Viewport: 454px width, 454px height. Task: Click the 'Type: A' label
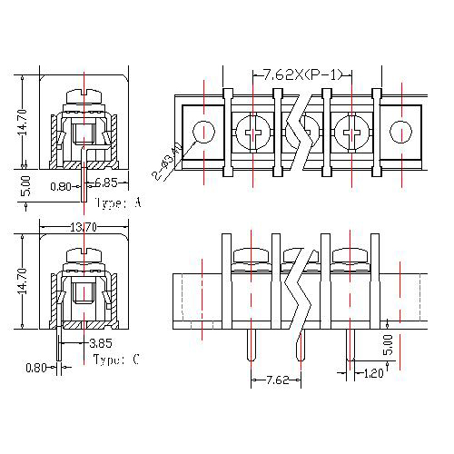pyautogui.click(x=117, y=203)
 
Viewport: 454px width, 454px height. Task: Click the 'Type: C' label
pyautogui.click(x=116, y=360)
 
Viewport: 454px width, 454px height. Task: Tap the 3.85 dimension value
pyautogui.click(x=101, y=344)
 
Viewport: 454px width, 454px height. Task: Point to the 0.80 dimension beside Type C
pyautogui.click(x=36, y=368)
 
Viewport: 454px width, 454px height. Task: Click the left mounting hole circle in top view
pyautogui.click(x=205, y=132)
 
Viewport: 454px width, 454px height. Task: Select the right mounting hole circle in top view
pyautogui.click(x=400, y=133)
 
